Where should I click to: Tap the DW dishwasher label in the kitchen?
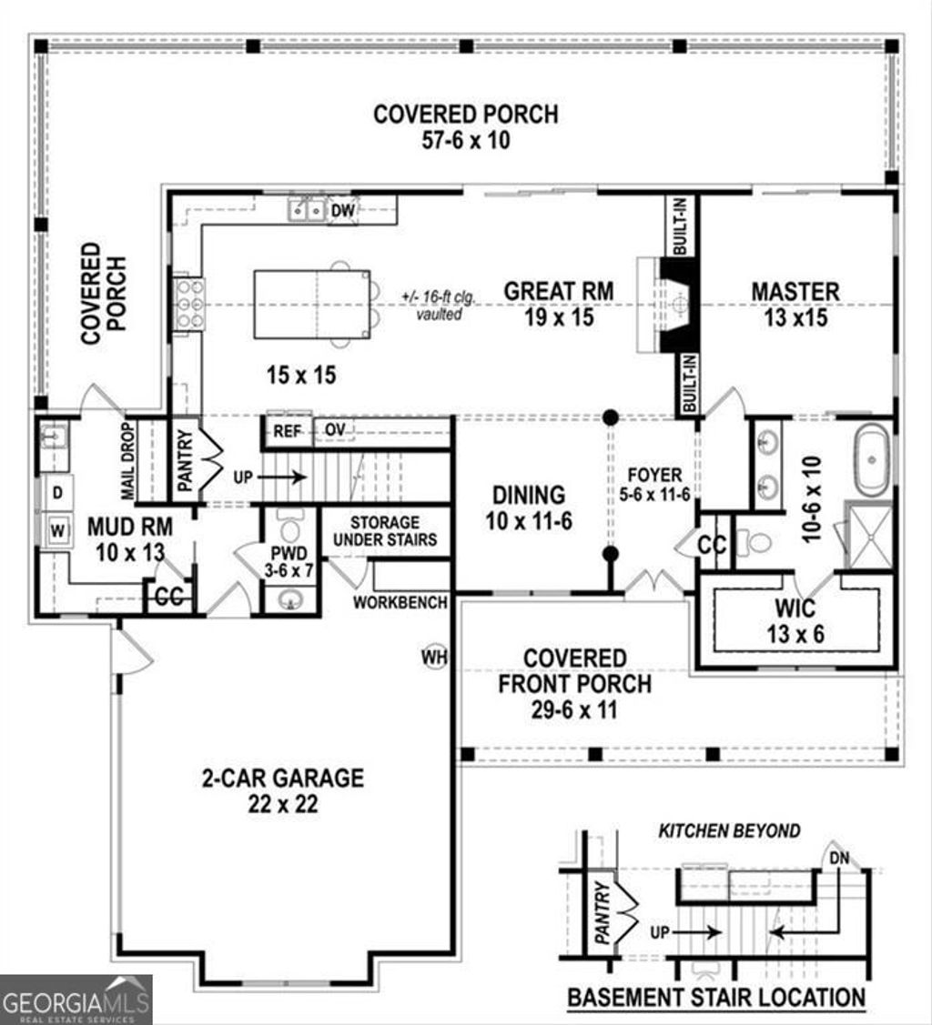pyautogui.click(x=342, y=211)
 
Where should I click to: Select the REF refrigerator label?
pyautogui.click(x=288, y=430)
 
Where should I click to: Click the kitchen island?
pyautogui.click(x=311, y=304)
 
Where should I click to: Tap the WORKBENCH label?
pyautogui.click(x=400, y=602)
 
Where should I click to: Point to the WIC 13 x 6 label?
pyautogui.click(x=795, y=620)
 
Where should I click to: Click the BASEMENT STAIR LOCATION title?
pyautogui.click(x=716, y=996)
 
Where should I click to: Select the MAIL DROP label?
pyautogui.click(x=127, y=460)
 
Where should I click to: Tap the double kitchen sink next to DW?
pyautogui.click(x=307, y=211)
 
